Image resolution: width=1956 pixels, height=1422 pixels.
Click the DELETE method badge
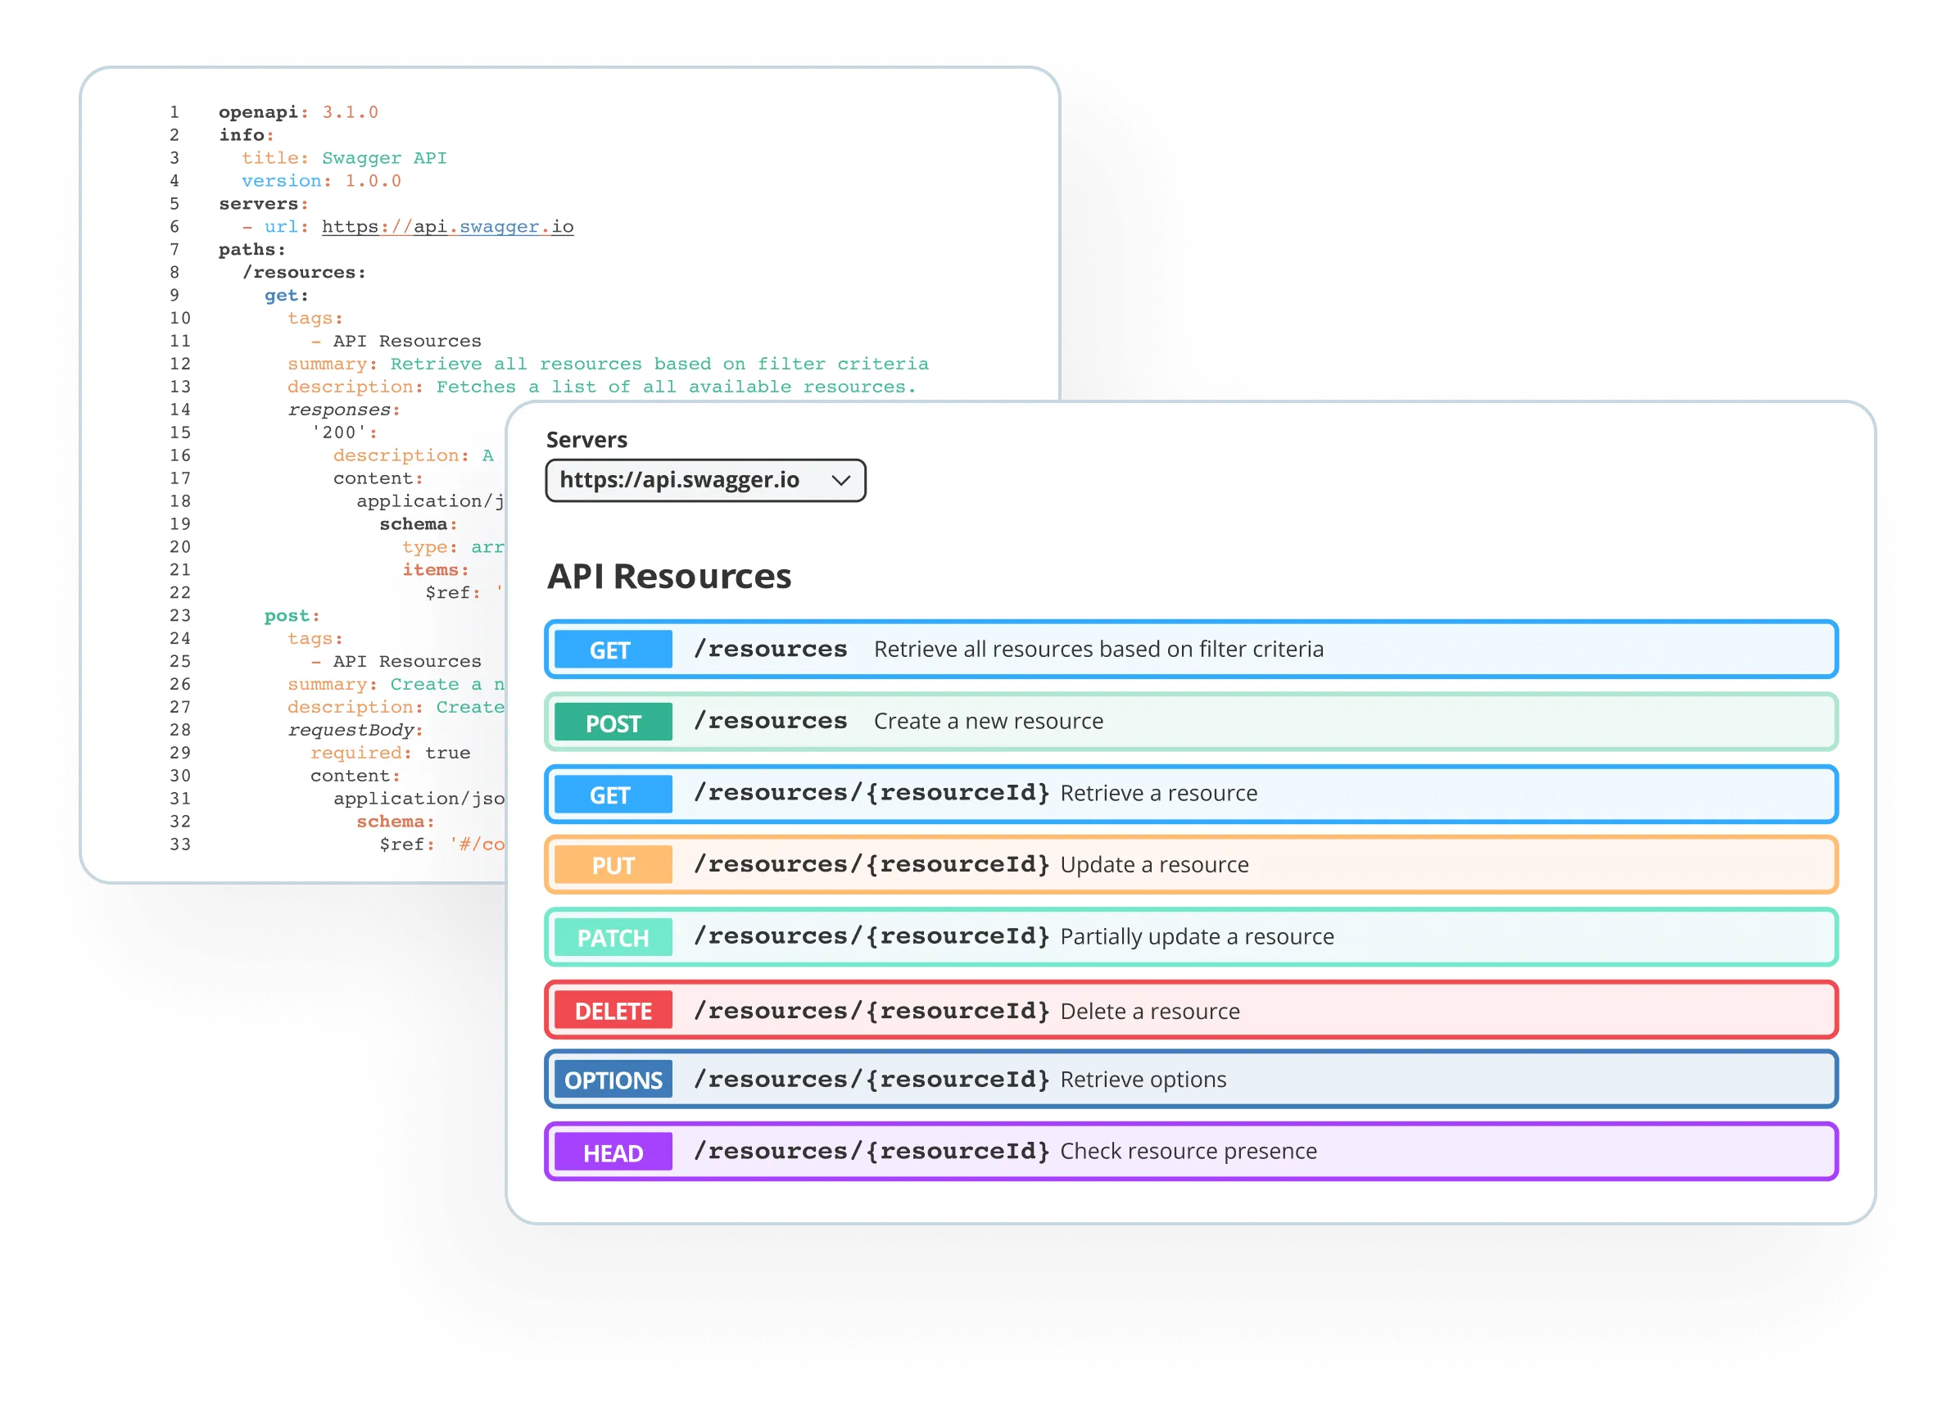tap(613, 1011)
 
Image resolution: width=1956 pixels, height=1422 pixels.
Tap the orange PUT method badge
tap(613, 865)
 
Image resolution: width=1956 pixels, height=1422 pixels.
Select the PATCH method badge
tap(613, 937)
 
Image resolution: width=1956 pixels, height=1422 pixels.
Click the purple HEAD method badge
tap(613, 1153)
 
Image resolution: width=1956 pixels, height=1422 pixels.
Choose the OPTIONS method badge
tap(613, 1080)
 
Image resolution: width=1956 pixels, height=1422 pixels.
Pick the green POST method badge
tap(613, 722)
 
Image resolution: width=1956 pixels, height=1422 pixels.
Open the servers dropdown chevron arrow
tap(841, 480)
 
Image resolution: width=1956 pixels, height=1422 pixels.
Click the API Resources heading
tap(668, 576)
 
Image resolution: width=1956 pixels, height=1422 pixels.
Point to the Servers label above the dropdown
tap(586, 440)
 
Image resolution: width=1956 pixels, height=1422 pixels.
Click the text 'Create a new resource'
tap(989, 721)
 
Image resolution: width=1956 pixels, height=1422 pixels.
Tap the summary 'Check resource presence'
tap(1188, 1151)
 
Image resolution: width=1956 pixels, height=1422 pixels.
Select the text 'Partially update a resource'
tap(1196, 936)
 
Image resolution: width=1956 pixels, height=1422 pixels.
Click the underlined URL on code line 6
tap(447, 227)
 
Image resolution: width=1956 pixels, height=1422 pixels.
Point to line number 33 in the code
tap(179, 845)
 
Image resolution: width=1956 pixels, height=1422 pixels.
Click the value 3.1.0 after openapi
tap(350, 112)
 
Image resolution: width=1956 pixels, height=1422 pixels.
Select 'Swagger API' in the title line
tap(384, 158)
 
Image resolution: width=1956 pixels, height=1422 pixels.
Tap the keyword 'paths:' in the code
tap(251, 250)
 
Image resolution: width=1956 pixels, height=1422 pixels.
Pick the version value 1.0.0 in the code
tap(373, 181)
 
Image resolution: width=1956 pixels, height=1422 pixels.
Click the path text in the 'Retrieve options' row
tap(871, 1080)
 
